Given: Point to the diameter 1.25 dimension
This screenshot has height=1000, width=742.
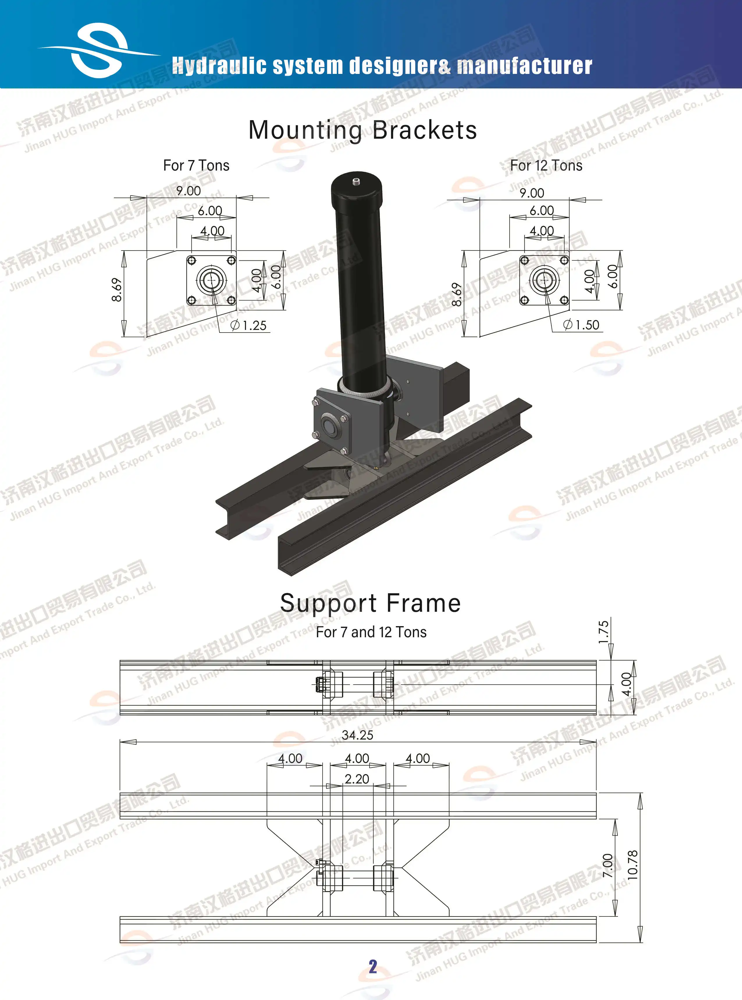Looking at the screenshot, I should (248, 325).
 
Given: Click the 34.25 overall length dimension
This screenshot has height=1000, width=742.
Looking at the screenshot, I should (357, 735).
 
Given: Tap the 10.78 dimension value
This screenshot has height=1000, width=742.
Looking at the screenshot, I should (632, 865).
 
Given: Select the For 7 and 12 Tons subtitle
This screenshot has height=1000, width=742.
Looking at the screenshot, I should (371, 632).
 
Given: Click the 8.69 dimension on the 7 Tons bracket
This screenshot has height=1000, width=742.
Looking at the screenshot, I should (116, 290).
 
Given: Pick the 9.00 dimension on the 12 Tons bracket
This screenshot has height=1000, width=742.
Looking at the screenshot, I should (531, 193).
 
